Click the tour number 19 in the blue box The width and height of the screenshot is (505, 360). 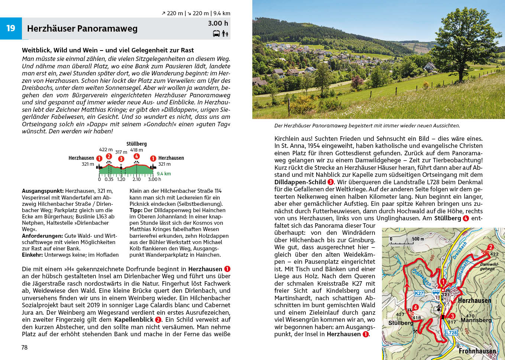pyautogui.click(x=11, y=28)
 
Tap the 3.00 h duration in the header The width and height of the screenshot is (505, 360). pyautogui.click(x=218, y=23)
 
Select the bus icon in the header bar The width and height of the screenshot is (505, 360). pyautogui.click(x=216, y=34)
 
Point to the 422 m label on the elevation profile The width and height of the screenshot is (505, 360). pyautogui.click(x=106, y=149)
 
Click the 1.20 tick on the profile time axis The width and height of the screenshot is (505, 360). pyautogui.click(x=121, y=179)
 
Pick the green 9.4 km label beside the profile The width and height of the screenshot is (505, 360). pyautogui.click(x=164, y=173)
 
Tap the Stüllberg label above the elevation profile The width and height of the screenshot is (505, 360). pyautogui.click(x=136, y=144)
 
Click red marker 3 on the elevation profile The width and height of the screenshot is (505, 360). pyautogui.click(x=121, y=159)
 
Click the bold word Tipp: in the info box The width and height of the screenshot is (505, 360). pyautogui.click(x=136, y=210)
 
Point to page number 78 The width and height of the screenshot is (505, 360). pyautogui.click(x=25, y=347)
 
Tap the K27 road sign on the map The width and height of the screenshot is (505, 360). pyautogui.click(x=419, y=293)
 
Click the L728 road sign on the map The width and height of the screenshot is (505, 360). pyautogui.click(x=451, y=333)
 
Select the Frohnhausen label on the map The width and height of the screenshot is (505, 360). pyautogui.click(x=477, y=351)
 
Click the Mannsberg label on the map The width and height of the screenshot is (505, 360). pyautogui.click(x=476, y=320)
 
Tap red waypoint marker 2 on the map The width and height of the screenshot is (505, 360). pyautogui.click(x=491, y=247)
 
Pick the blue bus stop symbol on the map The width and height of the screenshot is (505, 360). pyautogui.click(x=435, y=292)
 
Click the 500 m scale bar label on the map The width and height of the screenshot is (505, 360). pyautogui.click(x=418, y=239)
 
